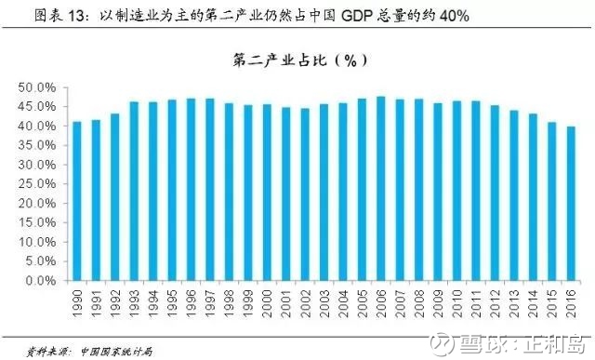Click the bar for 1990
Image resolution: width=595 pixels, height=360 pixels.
tap(77, 201)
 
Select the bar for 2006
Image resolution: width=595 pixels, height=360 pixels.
tap(380, 189)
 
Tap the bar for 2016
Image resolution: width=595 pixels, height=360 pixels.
tap(571, 204)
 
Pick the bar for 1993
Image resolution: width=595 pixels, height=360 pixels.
tap(134, 192)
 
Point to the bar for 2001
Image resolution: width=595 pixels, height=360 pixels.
tap(285, 194)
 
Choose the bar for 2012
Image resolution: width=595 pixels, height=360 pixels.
tap(495, 193)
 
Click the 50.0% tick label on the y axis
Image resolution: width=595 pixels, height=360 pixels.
tap(37, 87)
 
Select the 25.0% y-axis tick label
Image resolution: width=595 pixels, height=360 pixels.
tap(37, 184)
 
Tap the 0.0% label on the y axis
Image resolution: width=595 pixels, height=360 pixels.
tap(41, 281)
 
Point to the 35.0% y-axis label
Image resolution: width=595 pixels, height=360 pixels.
tap(37, 145)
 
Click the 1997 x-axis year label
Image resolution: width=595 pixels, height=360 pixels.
tap(210, 303)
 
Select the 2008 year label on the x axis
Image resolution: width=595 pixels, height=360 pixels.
tap(419, 303)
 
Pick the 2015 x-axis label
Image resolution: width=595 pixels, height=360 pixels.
tap(551, 303)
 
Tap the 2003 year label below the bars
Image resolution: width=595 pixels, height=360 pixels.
tap(324, 303)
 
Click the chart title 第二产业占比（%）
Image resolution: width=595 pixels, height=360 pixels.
tap(299, 60)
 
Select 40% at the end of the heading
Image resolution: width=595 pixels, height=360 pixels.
tap(455, 16)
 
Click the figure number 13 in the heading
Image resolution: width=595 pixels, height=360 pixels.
tap(75, 16)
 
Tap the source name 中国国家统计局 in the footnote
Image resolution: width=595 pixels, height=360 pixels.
tap(117, 352)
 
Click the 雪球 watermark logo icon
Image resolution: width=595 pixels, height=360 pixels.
tap(443, 344)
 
